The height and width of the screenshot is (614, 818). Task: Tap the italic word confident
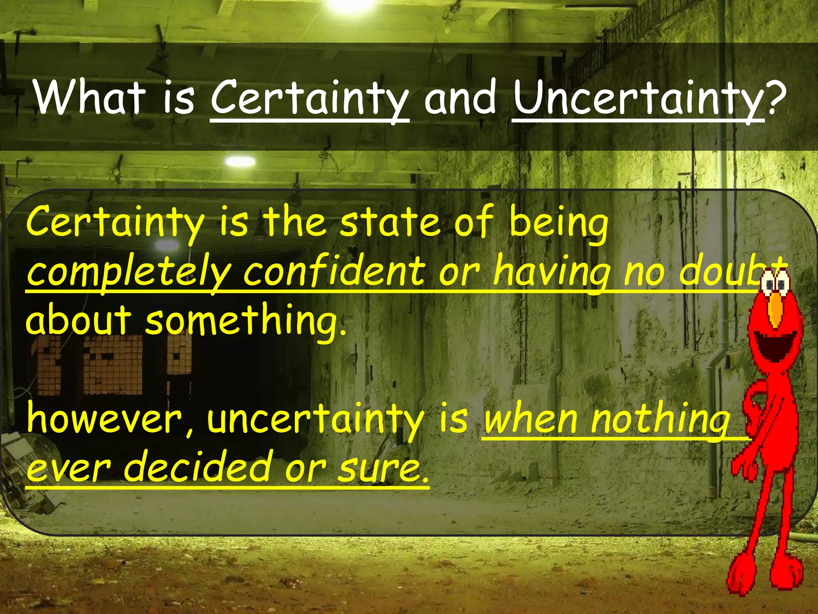334,272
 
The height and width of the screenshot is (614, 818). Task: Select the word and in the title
460,97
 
